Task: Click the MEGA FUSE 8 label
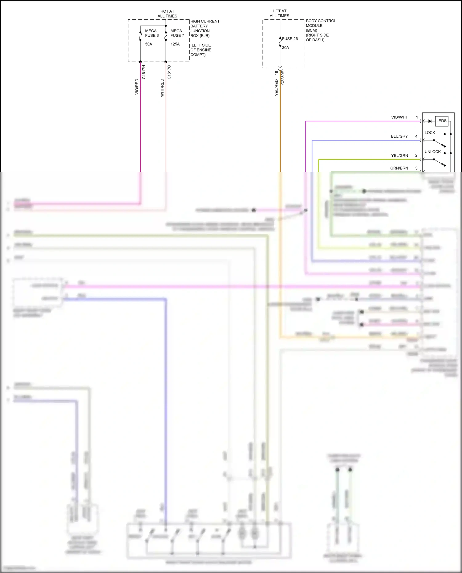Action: tap(152, 33)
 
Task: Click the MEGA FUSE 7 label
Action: tap(177, 33)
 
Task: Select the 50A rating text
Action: tap(148, 44)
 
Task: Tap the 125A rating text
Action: tap(175, 44)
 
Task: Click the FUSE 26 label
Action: tap(290, 39)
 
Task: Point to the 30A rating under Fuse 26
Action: tap(286, 48)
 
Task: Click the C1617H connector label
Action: tap(144, 72)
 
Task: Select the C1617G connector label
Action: tap(169, 72)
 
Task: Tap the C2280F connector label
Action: tap(283, 78)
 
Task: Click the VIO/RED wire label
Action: tap(137, 87)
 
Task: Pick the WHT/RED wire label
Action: tap(162, 88)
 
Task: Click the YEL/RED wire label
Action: tap(276, 87)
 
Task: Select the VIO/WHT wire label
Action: tap(399, 117)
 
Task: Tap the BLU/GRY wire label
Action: tap(399, 136)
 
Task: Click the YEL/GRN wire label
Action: tap(399, 155)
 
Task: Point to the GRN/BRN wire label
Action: tap(399, 168)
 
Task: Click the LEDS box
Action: tap(441, 121)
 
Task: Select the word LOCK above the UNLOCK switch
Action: tap(430, 133)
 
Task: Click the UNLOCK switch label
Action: tap(432, 152)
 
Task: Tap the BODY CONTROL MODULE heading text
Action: tap(321, 23)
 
